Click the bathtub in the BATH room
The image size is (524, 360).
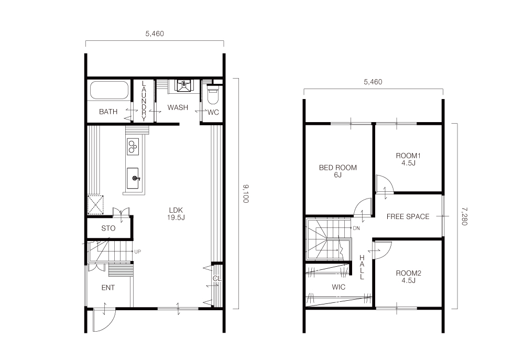click(110, 90)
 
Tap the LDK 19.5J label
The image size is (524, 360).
click(176, 214)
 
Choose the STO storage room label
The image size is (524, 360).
click(108, 228)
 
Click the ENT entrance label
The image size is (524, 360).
click(108, 288)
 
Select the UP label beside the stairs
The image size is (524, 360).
click(137, 252)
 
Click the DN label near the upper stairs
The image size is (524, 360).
click(356, 228)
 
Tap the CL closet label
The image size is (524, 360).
click(217, 278)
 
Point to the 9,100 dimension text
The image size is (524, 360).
click(246, 193)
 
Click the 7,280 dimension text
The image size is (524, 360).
click(464, 216)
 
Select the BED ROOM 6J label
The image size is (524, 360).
click(338, 171)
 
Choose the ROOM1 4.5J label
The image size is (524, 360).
click(408, 159)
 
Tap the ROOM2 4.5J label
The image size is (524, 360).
click(408, 277)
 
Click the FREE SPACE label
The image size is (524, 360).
click(408, 216)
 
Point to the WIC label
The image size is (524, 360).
click(339, 287)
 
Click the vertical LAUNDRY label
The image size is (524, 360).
click(144, 101)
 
